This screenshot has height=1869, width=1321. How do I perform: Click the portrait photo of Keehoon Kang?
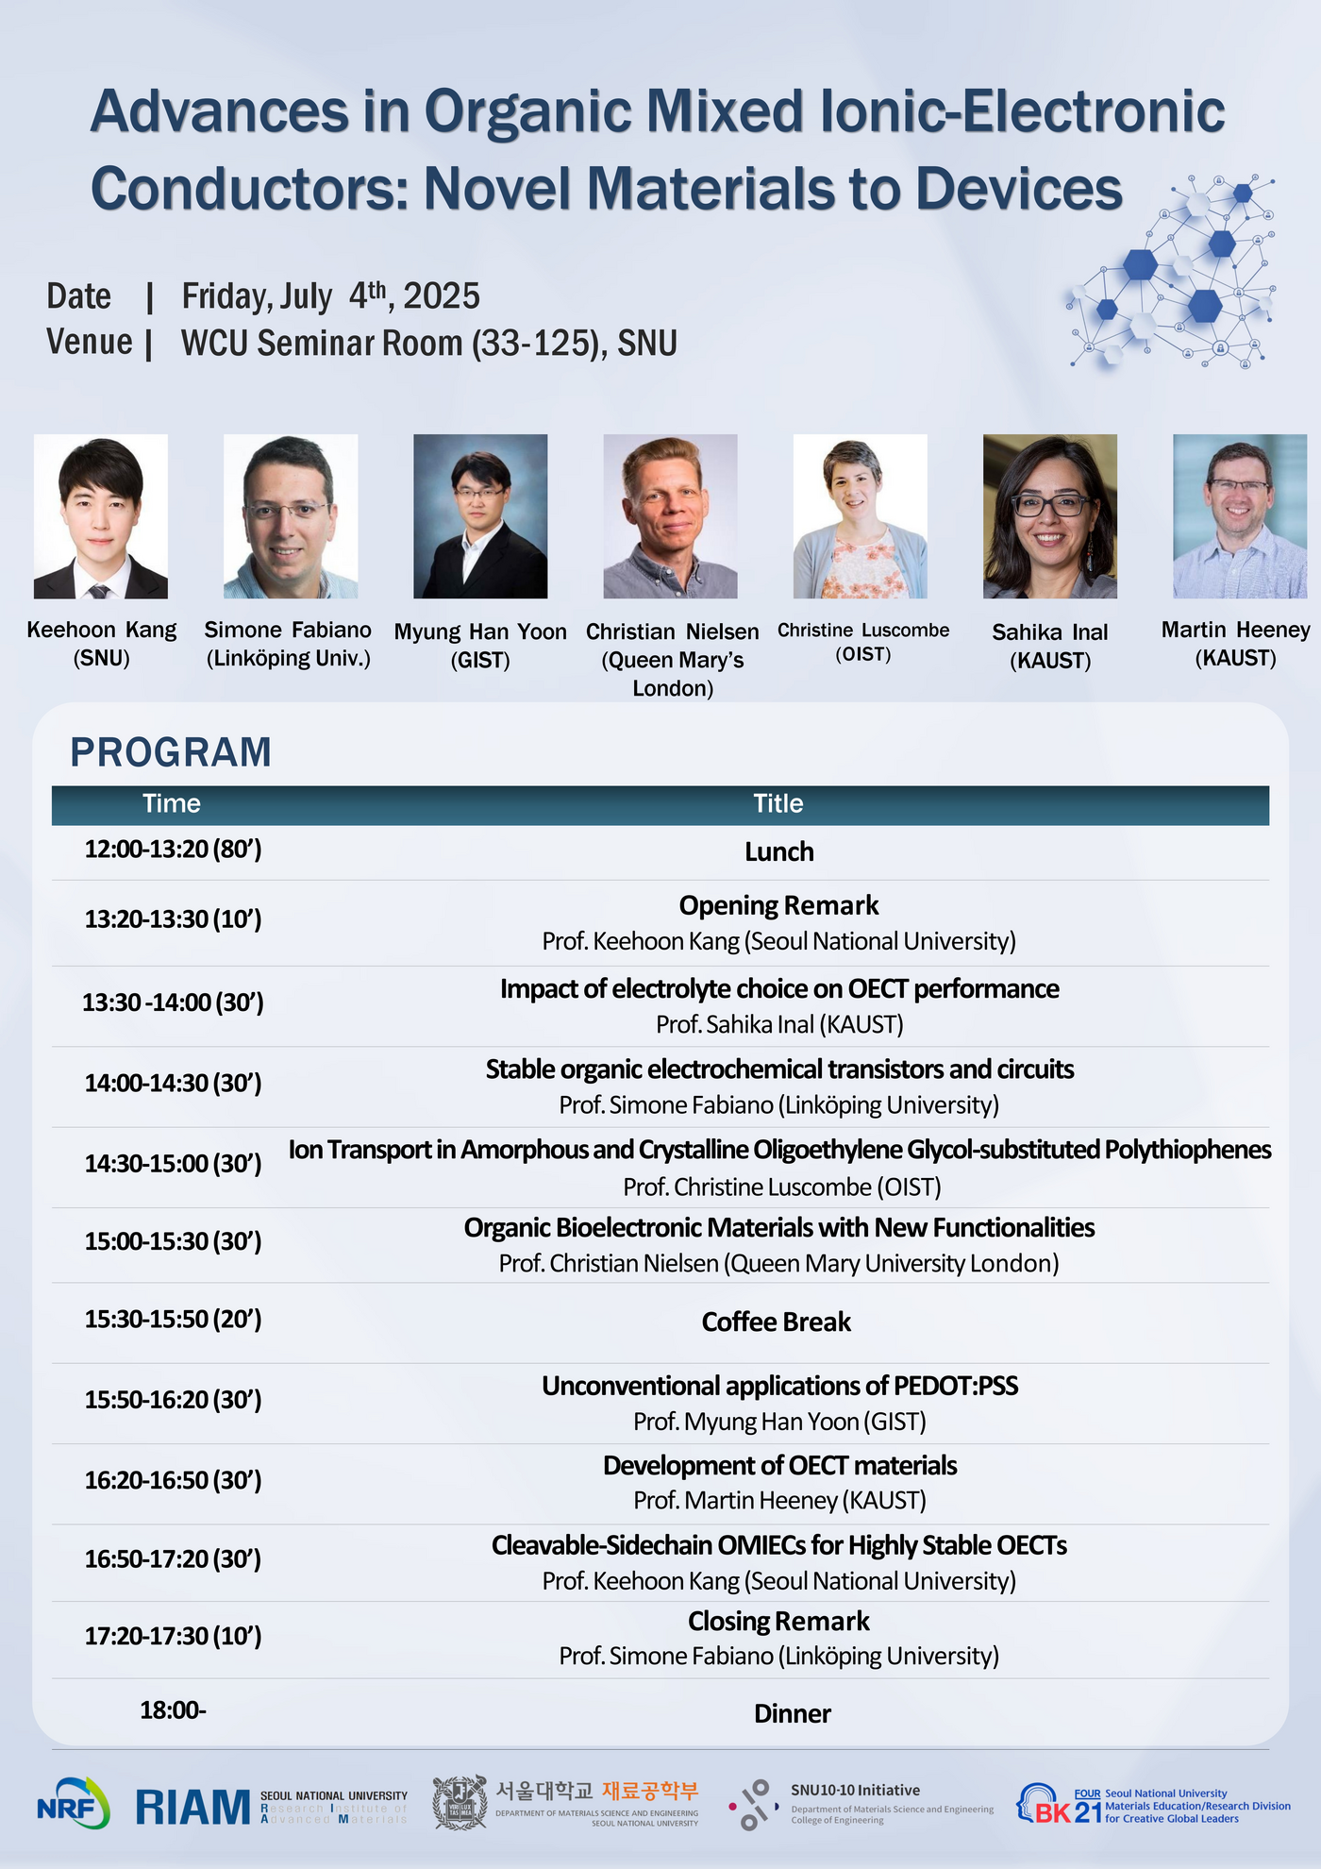[101, 516]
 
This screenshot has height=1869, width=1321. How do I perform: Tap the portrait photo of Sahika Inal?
[1050, 516]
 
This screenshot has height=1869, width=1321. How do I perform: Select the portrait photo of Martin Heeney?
[1240, 516]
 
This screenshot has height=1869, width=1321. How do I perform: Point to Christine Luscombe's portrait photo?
[861, 516]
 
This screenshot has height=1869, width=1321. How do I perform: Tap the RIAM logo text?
[193, 1807]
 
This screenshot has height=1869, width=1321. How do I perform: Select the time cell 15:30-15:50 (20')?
[173, 1319]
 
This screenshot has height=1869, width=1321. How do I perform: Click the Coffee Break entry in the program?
[777, 1322]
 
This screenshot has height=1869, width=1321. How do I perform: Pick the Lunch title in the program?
[779, 851]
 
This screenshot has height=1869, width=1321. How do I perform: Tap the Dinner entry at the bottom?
[793, 1713]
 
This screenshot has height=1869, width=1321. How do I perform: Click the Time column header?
[172, 803]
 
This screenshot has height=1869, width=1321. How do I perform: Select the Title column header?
[778, 803]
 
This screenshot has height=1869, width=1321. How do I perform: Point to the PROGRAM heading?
[171, 752]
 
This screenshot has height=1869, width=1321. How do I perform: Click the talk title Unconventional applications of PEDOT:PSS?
[780, 1386]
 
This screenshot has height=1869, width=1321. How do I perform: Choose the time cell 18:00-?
[173, 1709]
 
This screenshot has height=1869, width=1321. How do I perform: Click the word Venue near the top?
[90, 342]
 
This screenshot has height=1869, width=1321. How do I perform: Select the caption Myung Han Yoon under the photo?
[480, 631]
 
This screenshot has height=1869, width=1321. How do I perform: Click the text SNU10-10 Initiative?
[855, 1790]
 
